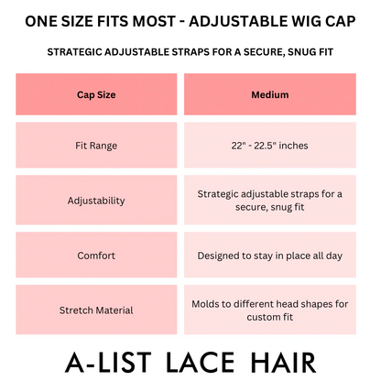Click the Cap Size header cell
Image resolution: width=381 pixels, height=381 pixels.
[x=96, y=94]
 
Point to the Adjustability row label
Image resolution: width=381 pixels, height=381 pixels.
[x=96, y=199]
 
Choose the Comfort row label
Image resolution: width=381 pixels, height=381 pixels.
[x=96, y=257]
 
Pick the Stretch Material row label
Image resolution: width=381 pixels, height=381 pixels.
[x=96, y=310]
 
